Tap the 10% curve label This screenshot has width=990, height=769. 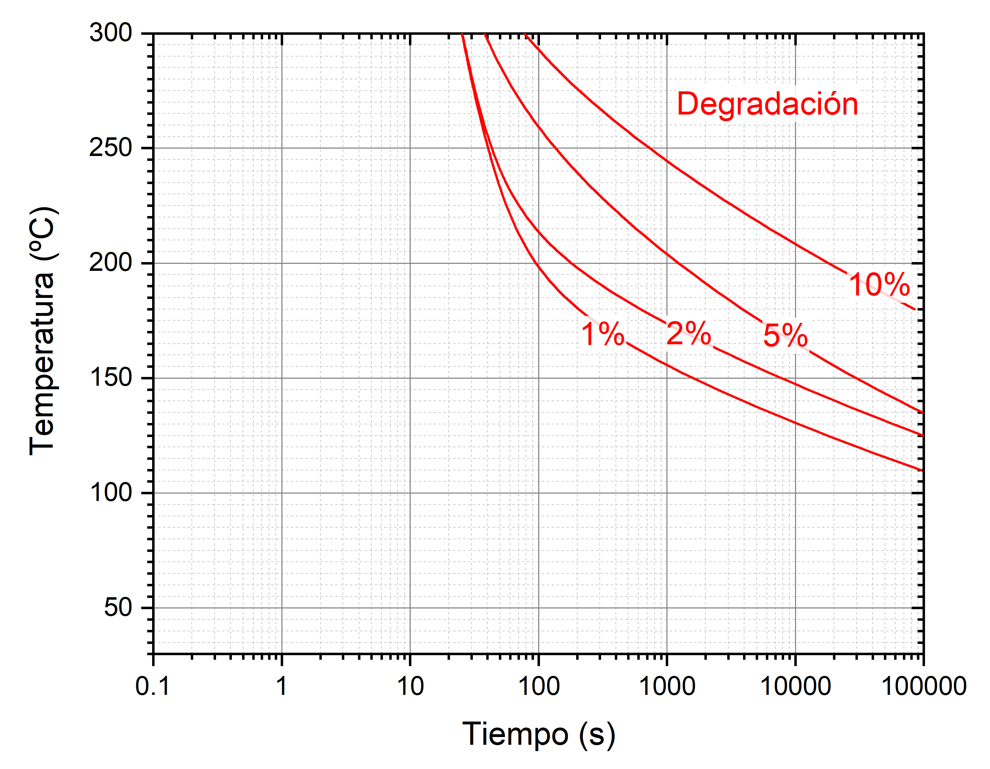click(879, 285)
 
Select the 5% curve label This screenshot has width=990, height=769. click(785, 335)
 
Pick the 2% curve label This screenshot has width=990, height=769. click(689, 333)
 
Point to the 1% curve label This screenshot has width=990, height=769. click(603, 334)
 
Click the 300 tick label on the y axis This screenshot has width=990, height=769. click(110, 33)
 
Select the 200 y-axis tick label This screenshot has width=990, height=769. click(110, 262)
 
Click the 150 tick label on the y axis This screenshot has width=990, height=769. click(110, 378)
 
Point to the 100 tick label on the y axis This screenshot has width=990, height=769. click(110, 492)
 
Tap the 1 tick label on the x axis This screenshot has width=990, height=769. click(281, 686)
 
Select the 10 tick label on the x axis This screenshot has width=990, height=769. click(410, 686)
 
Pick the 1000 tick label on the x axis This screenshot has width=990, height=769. click(667, 686)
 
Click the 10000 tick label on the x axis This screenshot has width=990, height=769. click(795, 686)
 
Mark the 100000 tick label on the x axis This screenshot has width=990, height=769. click(923, 686)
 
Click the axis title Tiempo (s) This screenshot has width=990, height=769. click(539, 734)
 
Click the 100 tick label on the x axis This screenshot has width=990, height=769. click(539, 686)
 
